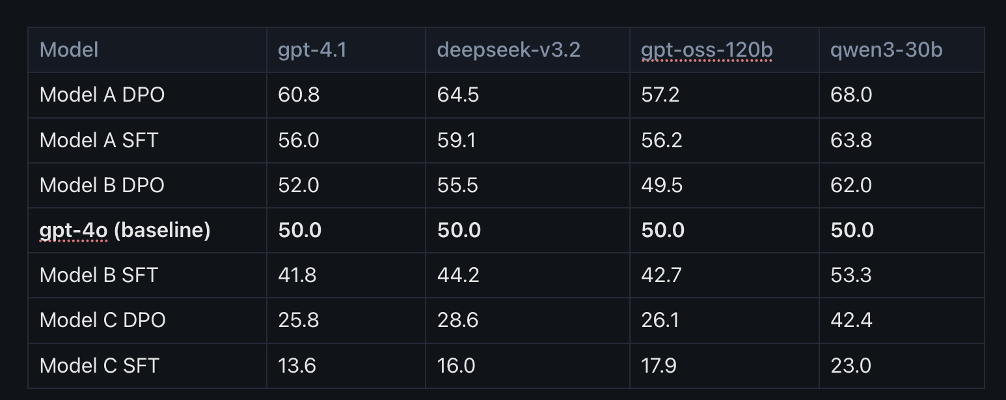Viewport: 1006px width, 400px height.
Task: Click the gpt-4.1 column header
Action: pyautogui.click(x=312, y=50)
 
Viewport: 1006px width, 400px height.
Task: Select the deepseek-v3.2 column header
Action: pyautogui.click(x=508, y=50)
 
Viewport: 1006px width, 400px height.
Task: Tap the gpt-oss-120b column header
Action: pyautogui.click(x=707, y=50)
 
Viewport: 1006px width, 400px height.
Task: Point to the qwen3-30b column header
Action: pyautogui.click(x=886, y=50)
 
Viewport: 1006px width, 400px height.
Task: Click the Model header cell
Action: pyautogui.click(x=69, y=50)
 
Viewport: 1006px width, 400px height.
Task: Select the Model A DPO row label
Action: pyautogui.click(x=102, y=95)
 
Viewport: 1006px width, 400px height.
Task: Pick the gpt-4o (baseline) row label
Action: pyautogui.click(x=125, y=230)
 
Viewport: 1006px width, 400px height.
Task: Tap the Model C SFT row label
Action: pyautogui.click(x=99, y=365)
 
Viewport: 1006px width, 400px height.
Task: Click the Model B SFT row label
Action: pyautogui.click(x=99, y=275)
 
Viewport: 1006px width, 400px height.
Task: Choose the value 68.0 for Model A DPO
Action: pyautogui.click(x=851, y=95)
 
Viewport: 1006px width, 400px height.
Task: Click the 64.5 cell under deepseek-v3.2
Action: pyautogui.click(x=458, y=95)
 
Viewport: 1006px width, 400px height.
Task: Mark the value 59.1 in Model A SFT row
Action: pyautogui.click(x=456, y=140)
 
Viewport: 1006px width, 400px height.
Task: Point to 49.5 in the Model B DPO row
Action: pyautogui.click(x=662, y=185)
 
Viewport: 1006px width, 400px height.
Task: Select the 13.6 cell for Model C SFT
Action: pyautogui.click(x=297, y=365)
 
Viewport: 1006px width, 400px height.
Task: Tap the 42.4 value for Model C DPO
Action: pyautogui.click(x=851, y=320)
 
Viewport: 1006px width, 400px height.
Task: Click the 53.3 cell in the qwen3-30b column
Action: pyautogui.click(x=851, y=275)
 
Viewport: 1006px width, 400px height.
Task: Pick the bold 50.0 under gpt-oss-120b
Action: pyautogui.click(x=662, y=230)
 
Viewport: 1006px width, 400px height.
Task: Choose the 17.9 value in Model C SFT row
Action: pyautogui.click(x=659, y=365)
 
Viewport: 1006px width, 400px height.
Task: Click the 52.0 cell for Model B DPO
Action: pyautogui.click(x=298, y=185)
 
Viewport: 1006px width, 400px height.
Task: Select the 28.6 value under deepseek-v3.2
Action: pyautogui.click(x=457, y=320)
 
